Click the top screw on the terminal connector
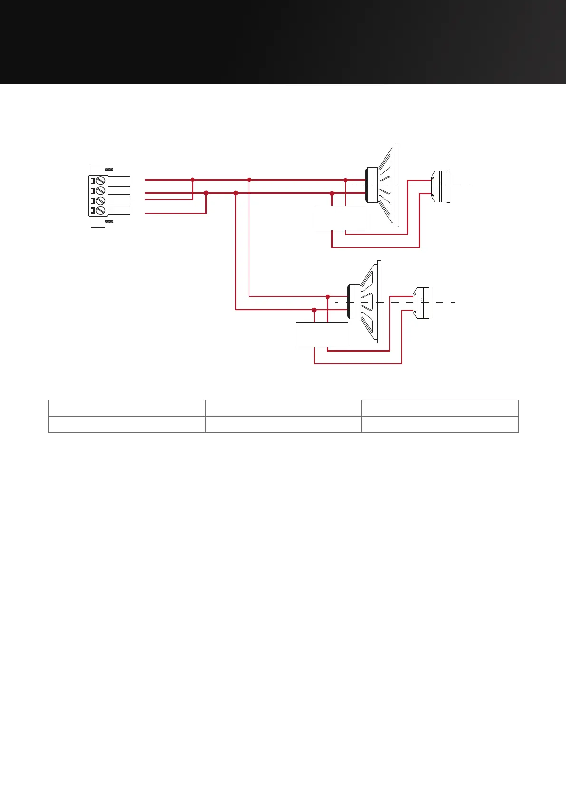point(100,181)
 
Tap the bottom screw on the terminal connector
point(100,210)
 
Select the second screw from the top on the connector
point(100,191)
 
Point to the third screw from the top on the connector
point(100,201)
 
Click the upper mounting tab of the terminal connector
point(98,169)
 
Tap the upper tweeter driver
point(441,186)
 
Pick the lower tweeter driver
point(423,303)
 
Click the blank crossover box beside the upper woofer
point(340,218)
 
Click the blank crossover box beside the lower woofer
point(322,334)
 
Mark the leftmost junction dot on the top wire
point(192,180)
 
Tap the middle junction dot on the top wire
point(249,180)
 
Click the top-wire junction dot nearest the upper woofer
point(345,180)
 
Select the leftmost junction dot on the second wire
point(206,193)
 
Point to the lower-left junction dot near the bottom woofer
point(314,310)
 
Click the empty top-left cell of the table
point(127,408)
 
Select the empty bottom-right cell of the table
point(440,424)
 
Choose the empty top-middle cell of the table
point(283,408)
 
